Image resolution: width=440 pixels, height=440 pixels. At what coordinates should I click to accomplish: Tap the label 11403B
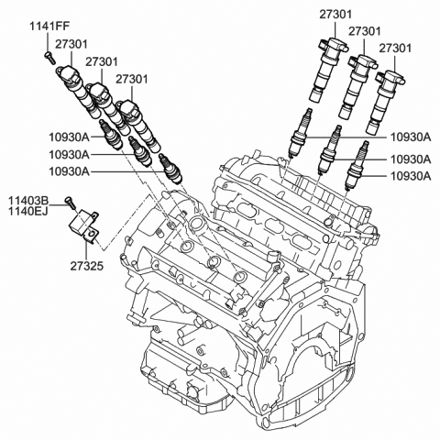tap(29, 199)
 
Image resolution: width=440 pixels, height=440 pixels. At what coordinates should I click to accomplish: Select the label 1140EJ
tap(29, 212)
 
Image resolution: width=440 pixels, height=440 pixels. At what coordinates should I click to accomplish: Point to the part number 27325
tap(84, 267)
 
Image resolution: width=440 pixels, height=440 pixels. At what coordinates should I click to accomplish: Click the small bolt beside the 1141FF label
tap(47, 58)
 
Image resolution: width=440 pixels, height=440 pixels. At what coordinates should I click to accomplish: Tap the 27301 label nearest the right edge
tap(395, 47)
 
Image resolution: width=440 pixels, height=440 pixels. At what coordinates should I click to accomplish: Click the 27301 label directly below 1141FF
tap(71, 42)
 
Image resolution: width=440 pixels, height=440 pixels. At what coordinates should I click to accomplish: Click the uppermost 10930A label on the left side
tap(69, 136)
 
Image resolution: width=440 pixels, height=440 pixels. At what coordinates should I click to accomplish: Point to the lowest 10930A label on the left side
tap(69, 171)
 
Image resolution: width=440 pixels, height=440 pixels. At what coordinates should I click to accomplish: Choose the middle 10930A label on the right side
tap(411, 157)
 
